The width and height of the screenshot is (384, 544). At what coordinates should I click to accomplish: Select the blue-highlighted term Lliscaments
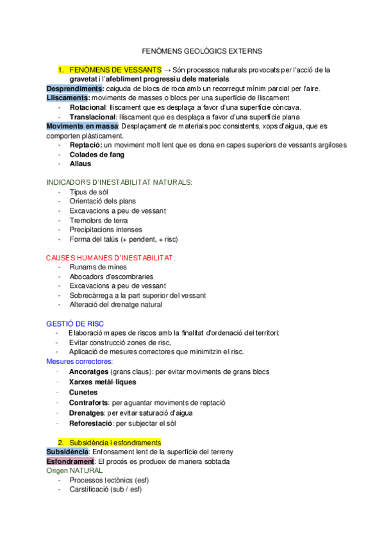point(68,98)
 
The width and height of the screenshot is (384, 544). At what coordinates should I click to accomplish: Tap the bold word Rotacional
point(88,107)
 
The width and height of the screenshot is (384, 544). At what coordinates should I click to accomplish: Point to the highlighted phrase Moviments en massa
point(81,126)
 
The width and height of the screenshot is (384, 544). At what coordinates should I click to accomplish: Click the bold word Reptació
point(85,145)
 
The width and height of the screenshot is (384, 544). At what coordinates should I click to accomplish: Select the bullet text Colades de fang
point(97,155)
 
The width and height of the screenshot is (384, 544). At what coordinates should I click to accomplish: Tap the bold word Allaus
point(81,164)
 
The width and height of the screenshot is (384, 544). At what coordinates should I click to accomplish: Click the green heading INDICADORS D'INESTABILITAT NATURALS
point(119,183)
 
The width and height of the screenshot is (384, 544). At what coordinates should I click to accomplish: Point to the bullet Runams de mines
point(98,267)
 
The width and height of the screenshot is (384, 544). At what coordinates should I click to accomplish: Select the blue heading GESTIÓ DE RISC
point(75,323)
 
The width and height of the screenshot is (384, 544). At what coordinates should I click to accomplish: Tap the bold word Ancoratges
point(88,372)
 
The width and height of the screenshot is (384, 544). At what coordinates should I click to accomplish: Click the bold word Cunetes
point(83,392)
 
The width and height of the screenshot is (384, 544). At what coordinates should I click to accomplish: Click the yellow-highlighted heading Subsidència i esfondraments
point(115,443)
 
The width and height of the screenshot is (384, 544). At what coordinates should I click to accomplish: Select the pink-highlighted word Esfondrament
point(71,461)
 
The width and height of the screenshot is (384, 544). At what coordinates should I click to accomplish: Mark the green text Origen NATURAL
point(74,470)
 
